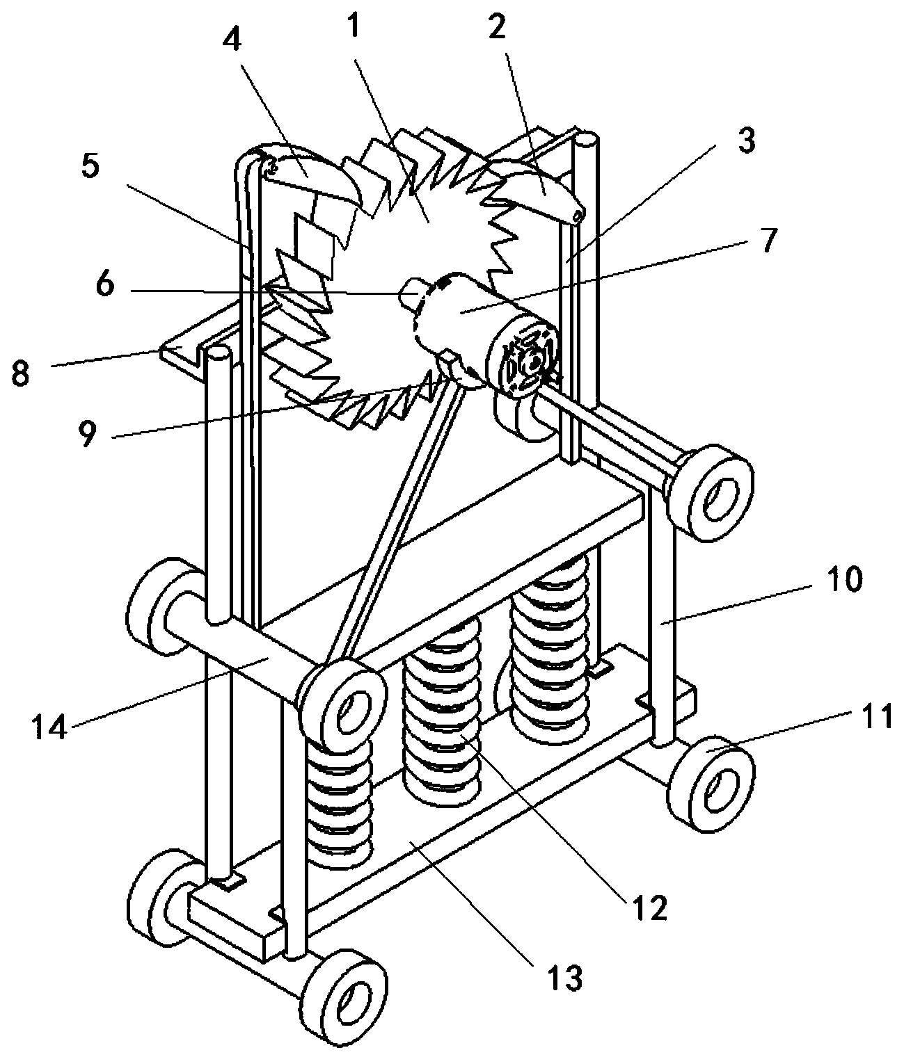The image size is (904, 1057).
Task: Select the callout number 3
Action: [x=745, y=142]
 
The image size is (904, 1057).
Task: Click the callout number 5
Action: [x=91, y=167]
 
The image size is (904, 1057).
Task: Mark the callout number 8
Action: [x=22, y=373]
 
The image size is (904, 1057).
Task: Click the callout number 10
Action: [x=843, y=579]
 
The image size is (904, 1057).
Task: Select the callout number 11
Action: [x=880, y=716]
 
